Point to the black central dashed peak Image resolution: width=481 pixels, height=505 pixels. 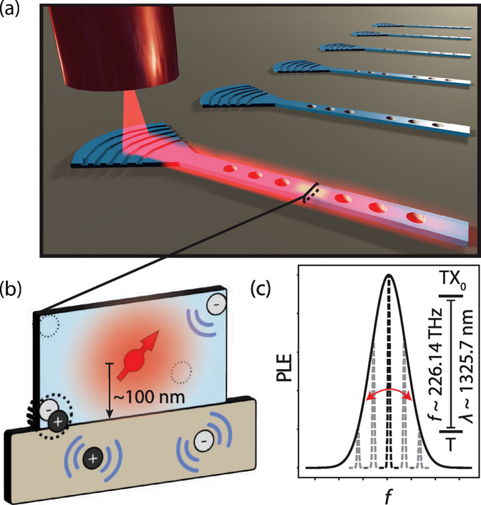[388, 375]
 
